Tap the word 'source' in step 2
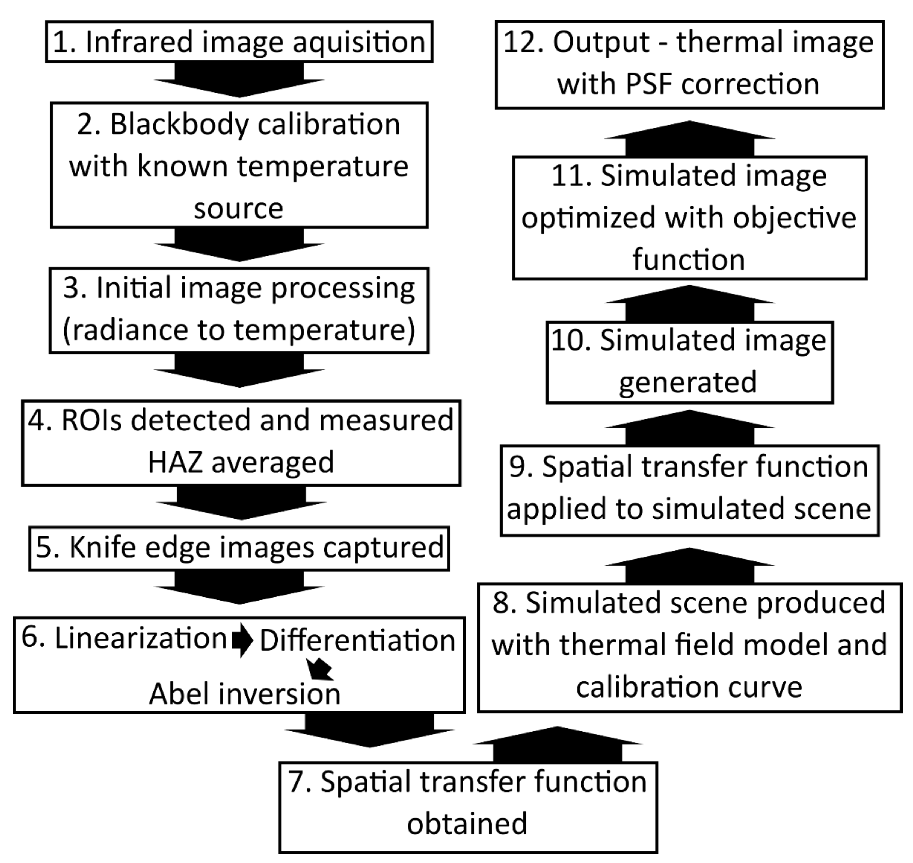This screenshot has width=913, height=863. (238, 209)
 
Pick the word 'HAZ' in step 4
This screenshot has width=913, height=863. (175, 462)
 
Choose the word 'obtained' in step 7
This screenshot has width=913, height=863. (467, 823)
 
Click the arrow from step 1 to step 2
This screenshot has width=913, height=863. (239, 81)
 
